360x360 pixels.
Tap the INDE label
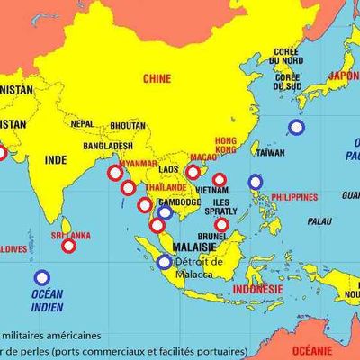pos(56,159)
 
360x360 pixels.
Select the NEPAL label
pos(82,123)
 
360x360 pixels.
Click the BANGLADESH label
pos(107,145)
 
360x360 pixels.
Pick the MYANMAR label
pos(139,163)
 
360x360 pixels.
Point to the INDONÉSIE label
pos(257,289)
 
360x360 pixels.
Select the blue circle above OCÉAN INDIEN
pos(41,277)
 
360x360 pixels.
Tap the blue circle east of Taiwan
pos(296,127)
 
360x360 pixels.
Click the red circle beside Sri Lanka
pos(68,245)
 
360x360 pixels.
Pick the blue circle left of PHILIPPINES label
pos(255,182)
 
